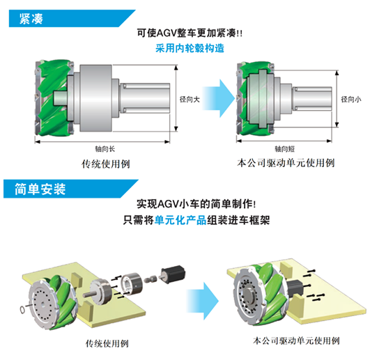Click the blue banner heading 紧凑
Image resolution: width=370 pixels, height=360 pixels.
(x=31, y=19)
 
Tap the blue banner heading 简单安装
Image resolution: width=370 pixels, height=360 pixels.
(x=40, y=189)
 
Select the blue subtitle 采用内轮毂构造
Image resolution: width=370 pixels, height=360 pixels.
(x=190, y=48)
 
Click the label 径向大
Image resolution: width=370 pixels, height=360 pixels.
(x=190, y=100)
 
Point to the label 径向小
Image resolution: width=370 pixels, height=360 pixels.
(x=351, y=100)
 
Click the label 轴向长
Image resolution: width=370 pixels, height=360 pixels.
(x=105, y=149)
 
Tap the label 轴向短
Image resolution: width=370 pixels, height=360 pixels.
(x=284, y=149)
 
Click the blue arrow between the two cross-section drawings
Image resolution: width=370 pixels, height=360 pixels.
(x=218, y=98)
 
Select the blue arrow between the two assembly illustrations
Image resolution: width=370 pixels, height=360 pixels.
(x=203, y=301)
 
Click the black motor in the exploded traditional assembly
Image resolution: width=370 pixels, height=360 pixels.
(x=173, y=274)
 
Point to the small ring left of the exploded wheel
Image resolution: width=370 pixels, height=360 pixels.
(x=22, y=309)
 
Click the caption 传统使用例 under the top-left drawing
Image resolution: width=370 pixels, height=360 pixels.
(x=106, y=164)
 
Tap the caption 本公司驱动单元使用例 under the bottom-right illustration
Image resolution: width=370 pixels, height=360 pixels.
(x=296, y=341)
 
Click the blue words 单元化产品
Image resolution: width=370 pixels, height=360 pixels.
(x=180, y=220)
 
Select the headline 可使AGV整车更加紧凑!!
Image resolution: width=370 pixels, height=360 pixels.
(x=190, y=33)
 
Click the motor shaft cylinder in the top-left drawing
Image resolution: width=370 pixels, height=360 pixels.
(x=145, y=98)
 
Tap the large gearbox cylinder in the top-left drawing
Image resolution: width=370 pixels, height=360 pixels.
(x=95, y=98)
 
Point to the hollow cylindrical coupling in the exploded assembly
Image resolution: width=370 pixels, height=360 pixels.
(x=132, y=283)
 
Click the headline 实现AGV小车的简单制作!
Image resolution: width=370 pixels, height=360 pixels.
(x=196, y=204)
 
